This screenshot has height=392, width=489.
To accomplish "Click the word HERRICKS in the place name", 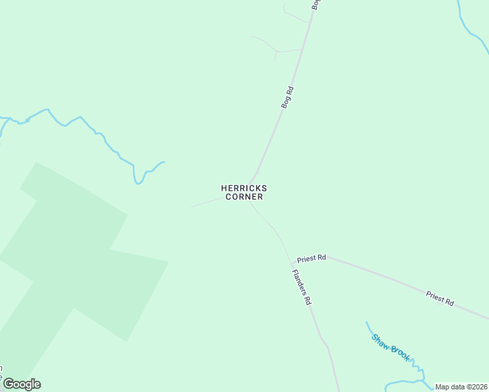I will (x=244, y=188).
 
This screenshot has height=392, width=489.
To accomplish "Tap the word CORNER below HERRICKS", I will (x=244, y=197).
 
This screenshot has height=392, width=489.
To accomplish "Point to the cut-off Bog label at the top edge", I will (x=316, y=5).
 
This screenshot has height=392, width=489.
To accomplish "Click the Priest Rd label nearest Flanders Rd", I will (x=311, y=259).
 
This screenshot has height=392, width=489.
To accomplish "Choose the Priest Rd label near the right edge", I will (x=440, y=299).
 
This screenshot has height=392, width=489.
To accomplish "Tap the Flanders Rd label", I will (x=301, y=288).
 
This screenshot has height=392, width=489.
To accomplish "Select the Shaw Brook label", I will (x=390, y=347).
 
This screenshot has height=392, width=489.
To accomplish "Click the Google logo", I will (x=22, y=384).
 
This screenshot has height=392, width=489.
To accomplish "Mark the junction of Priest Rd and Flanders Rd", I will (x=292, y=263).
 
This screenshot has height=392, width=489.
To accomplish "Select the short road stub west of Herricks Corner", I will (x=206, y=203).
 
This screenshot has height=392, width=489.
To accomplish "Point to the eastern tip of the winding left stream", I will (x=163, y=162).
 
